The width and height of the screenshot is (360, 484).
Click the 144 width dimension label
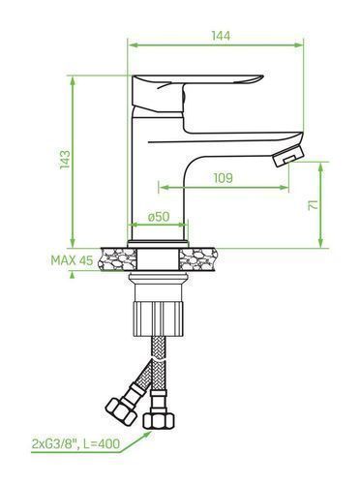222,36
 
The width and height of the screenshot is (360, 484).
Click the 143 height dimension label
65,159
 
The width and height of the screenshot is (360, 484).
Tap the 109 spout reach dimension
223,178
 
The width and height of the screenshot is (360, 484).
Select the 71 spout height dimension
313,205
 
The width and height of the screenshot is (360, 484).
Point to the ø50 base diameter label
159,217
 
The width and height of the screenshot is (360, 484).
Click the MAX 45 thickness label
72,260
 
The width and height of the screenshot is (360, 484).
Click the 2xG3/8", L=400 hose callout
75,443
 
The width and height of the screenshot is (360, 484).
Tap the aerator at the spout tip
288,156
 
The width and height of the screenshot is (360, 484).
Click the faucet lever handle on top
196,94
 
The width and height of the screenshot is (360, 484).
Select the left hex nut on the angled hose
120,410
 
